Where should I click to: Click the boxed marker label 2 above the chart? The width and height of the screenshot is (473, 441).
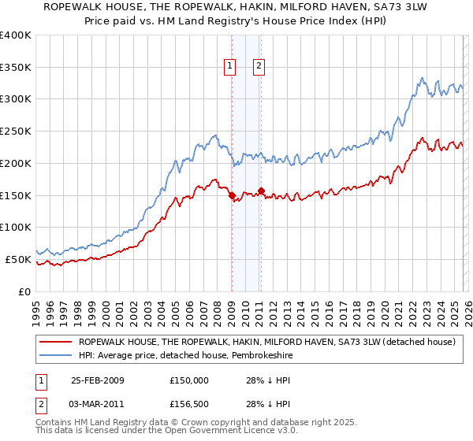tap(259, 67)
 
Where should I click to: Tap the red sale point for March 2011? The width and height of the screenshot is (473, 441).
tap(260, 191)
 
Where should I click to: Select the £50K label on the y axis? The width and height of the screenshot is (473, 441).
tap(18, 259)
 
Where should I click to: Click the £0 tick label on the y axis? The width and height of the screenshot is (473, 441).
tap(24, 291)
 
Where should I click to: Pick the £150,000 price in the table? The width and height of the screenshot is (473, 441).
tap(189, 380)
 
